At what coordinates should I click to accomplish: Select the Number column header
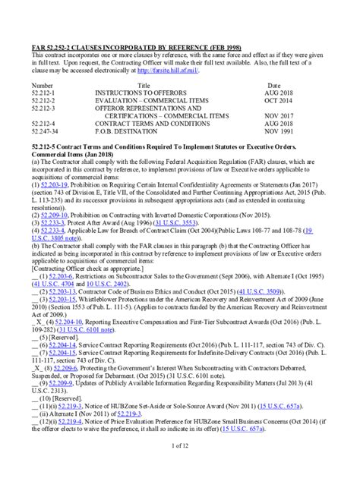[42, 86]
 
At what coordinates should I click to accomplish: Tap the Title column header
[144, 86]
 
